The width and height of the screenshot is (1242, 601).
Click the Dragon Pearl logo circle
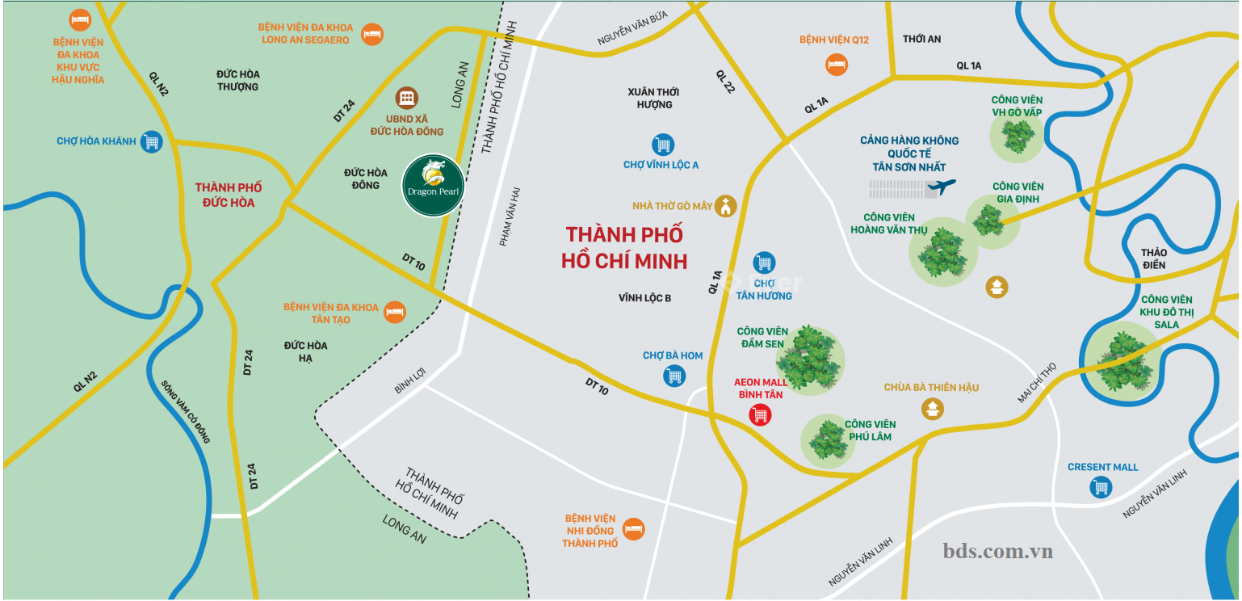coord(433,186)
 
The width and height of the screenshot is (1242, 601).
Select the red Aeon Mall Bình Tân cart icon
coord(760,415)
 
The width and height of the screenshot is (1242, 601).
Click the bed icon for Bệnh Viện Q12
coord(836,64)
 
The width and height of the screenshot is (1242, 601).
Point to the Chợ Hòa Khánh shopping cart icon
coord(151,142)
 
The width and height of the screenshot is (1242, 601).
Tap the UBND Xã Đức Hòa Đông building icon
coord(407,99)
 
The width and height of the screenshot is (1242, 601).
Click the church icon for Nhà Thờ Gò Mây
coord(726,207)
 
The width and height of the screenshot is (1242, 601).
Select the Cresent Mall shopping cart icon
coord(1101,487)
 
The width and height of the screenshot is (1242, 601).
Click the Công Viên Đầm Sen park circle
coord(810,360)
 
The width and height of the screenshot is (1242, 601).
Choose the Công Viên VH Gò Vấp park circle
coord(1016,137)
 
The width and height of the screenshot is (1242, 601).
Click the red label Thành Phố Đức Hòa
coord(229,195)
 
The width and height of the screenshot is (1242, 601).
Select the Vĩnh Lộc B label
coord(645,298)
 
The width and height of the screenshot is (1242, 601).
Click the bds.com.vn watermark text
coord(997,551)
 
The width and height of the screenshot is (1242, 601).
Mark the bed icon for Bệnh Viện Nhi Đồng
coord(634,529)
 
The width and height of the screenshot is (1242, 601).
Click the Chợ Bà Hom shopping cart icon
coord(673,375)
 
